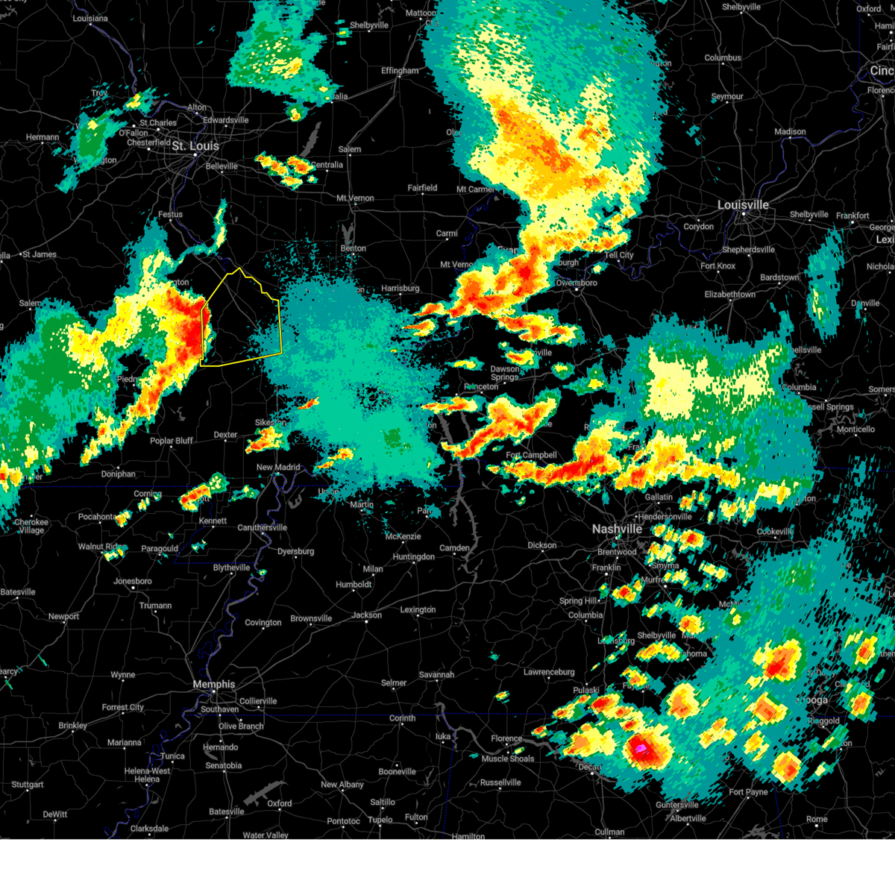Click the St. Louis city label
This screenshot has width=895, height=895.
point(195,146)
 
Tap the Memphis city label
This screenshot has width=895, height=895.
point(213,684)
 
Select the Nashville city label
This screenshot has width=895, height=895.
point(617,529)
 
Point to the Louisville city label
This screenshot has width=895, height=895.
point(743,204)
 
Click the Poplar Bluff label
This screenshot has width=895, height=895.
point(172,441)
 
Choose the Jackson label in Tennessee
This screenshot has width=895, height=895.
point(366,615)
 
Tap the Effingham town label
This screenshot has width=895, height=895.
point(400,71)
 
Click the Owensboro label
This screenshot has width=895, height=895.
point(577,283)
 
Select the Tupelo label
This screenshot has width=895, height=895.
point(380,820)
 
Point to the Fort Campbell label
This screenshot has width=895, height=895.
point(531,455)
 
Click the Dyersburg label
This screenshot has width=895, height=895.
point(295,551)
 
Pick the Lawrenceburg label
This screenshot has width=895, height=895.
point(549,672)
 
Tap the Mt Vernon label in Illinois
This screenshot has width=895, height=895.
point(355,198)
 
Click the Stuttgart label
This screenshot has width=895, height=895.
point(28,785)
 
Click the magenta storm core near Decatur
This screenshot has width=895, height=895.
point(640,747)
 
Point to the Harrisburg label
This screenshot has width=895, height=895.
point(400,288)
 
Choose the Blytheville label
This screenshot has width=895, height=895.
point(231,568)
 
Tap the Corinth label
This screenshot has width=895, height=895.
point(402,718)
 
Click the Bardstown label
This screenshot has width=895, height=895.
point(779,277)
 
